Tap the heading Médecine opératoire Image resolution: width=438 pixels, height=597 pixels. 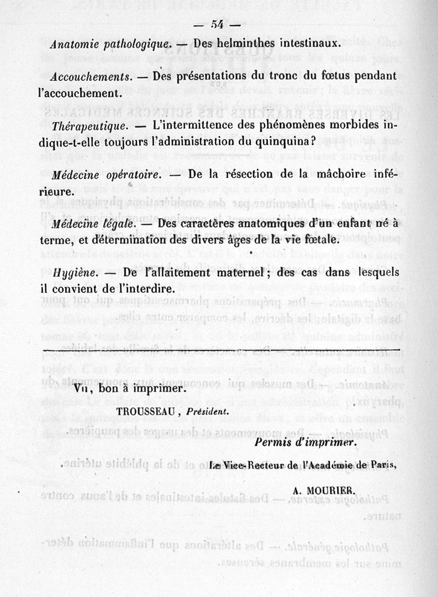tap(105, 176)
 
